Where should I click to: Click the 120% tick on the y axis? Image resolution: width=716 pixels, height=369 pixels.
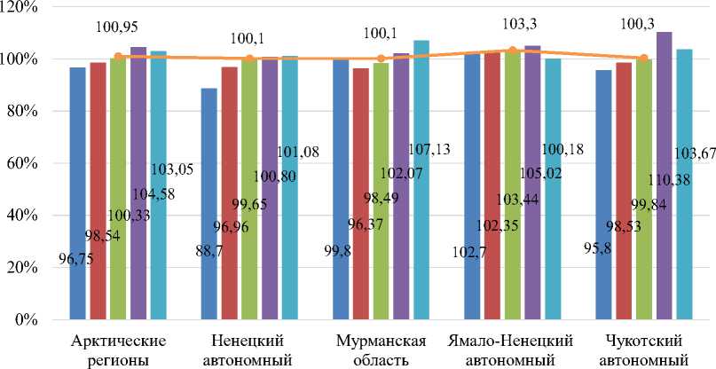coord(27,7)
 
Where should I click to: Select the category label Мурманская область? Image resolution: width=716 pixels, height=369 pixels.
coord(381,351)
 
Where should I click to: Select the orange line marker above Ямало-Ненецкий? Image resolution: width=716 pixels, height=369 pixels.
coord(512,51)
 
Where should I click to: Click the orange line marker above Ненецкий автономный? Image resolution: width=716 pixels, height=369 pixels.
coord(249,59)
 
